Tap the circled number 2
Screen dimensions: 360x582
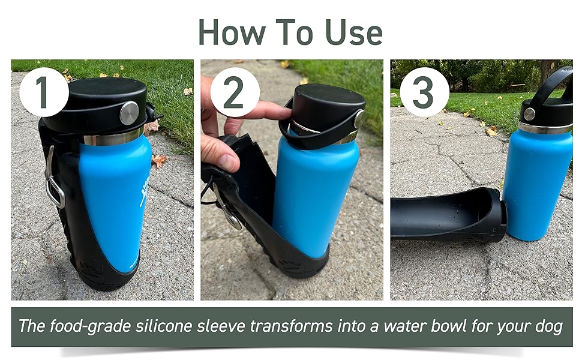[x=234, y=92]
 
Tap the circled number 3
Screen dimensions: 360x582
[x=424, y=92]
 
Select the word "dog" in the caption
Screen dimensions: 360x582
[x=548, y=326]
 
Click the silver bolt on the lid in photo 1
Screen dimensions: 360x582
[x=128, y=113]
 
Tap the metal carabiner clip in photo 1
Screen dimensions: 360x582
[x=54, y=183]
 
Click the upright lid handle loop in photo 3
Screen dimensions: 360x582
[x=555, y=84]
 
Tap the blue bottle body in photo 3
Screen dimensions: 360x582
[x=537, y=180]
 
